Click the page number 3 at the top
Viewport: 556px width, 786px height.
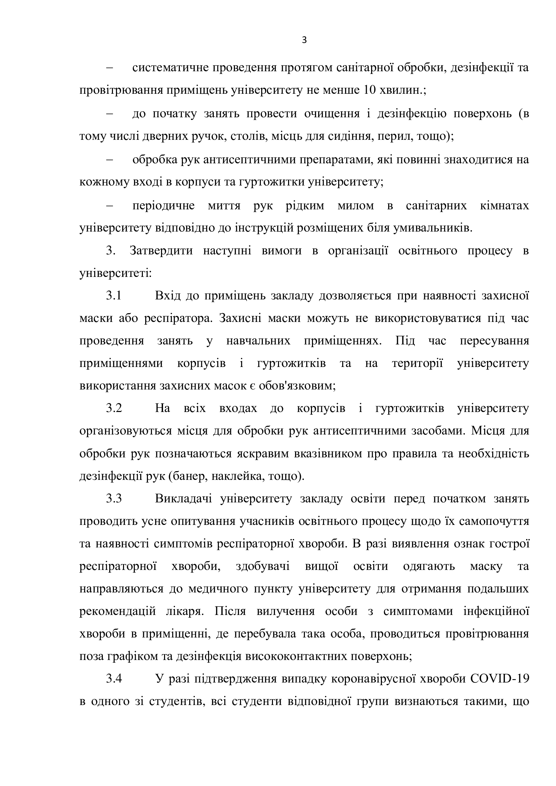304,41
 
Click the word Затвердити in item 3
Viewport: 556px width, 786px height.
161,251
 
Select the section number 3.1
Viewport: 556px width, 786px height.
114,295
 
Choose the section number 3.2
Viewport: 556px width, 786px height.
114,408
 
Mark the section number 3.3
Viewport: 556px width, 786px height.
114,499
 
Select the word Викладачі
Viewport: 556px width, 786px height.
183,499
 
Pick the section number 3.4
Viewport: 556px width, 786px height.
114,679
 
